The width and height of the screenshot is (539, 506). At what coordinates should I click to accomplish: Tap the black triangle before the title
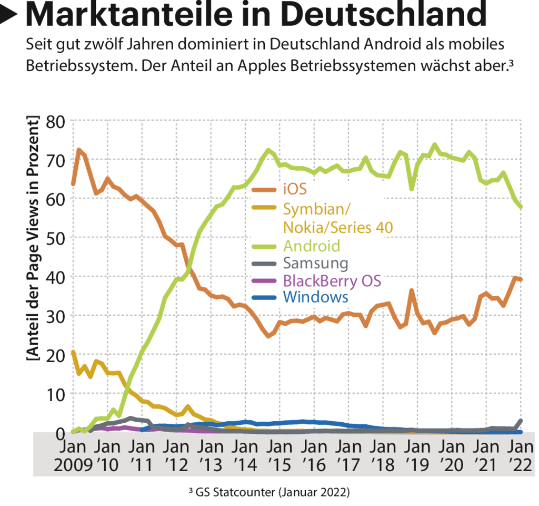coord(11,15)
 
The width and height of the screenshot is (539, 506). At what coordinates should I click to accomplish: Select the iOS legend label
coord(294,188)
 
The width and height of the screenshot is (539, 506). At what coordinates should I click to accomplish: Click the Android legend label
coord(311,246)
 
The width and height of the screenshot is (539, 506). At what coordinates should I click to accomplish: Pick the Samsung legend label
coord(315,263)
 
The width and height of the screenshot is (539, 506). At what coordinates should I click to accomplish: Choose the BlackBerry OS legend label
coord(332,280)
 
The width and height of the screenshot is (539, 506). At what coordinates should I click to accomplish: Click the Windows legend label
coord(315,297)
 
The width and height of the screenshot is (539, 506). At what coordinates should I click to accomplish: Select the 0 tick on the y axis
coord(61,433)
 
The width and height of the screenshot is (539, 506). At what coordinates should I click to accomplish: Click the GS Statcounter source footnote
coord(269,492)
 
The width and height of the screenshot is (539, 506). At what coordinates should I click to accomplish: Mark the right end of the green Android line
coord(521,207)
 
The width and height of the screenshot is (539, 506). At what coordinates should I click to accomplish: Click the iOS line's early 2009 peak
coord(79,150)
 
